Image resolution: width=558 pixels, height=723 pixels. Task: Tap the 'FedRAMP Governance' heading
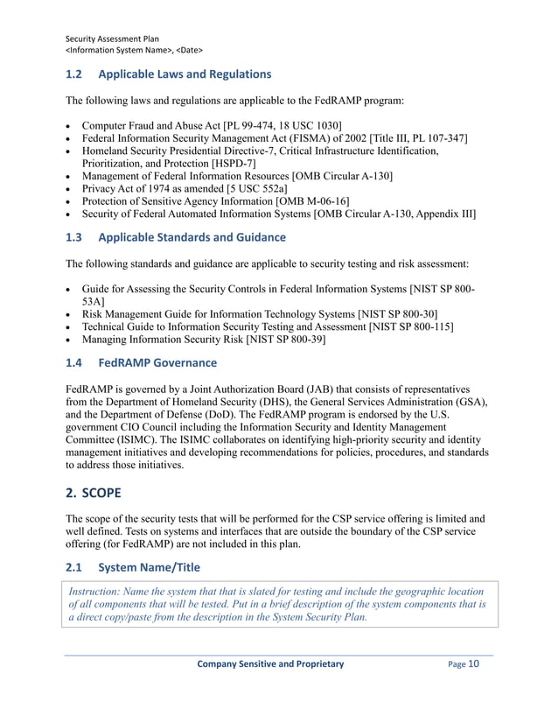[x=157, y=362]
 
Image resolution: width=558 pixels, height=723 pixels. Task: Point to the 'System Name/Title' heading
[x=150, y=567]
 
